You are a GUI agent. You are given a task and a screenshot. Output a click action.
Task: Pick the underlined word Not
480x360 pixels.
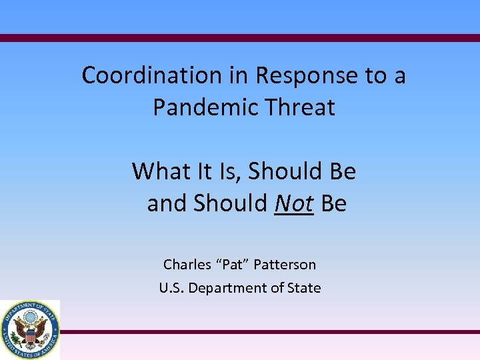(293, 203)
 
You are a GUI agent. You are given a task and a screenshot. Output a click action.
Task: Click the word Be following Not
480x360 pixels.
(333, 203)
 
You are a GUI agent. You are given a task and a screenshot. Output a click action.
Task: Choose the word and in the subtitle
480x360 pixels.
(167, 203)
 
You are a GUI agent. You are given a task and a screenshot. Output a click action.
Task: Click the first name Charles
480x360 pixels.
(187, 265)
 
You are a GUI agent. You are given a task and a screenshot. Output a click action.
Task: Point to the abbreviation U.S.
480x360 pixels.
(171, 288)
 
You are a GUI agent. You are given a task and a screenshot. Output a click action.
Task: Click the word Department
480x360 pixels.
(231, 288)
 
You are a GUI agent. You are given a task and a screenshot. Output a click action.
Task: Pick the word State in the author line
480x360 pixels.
(303, 288)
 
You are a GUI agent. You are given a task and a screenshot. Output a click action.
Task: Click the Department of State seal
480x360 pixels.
(29, 329)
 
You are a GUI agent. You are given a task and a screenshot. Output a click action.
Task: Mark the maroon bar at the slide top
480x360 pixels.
(240, 38)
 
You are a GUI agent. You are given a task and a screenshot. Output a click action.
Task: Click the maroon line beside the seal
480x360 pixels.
(267, 331)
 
